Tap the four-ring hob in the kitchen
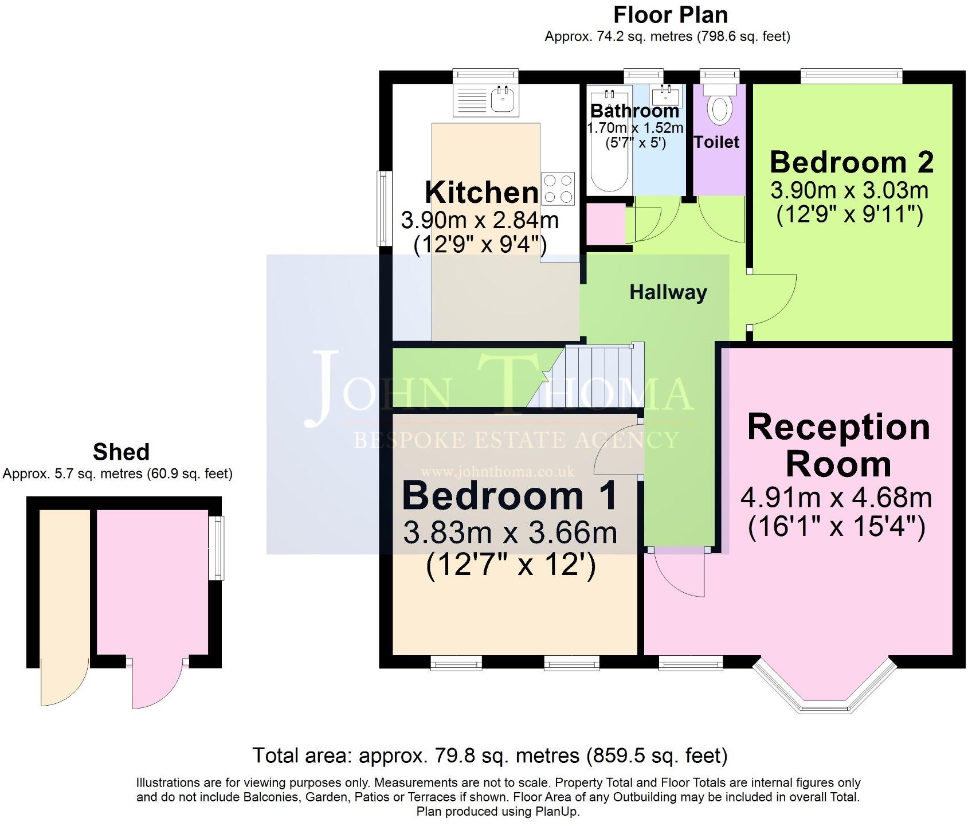(558, 189)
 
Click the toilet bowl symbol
(719, 109)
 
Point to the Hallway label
(668, 292)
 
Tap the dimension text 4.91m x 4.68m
(836, 498)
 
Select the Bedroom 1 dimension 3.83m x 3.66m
(510, 533)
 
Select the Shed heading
(121, 452)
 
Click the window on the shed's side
(216, 547)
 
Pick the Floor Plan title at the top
(670, 15)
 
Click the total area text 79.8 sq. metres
(489, 755)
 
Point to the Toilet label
(716, 142)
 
